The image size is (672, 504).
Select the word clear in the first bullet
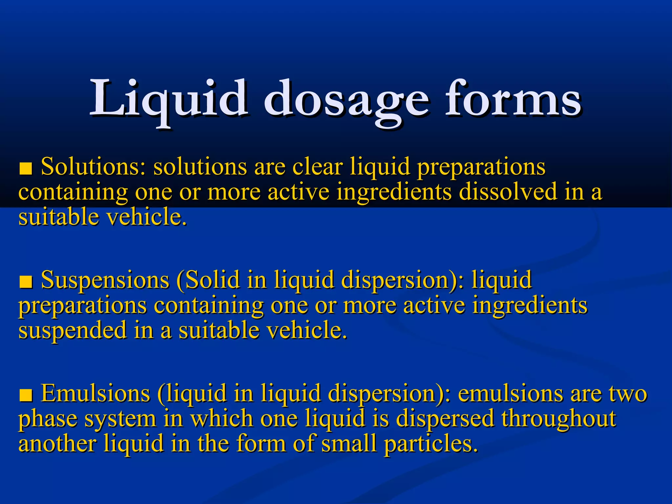click(x=317, y=166)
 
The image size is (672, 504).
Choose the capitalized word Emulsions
click(x=95, y=393)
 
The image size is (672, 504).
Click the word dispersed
click(x=445, y=419)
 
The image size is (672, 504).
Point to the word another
click(x=57, y=443)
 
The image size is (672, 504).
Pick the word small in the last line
click(x=348, y=443)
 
